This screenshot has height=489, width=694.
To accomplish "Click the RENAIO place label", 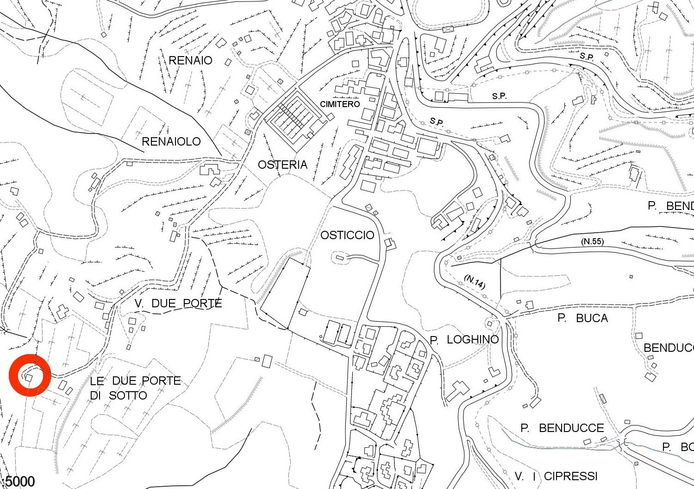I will pyautogui.click(x=190, y=60).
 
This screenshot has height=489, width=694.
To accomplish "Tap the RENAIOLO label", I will pyautogui.click(x=171, y=141).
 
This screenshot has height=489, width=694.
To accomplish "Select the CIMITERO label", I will pyautogui.click(x=340, y=104).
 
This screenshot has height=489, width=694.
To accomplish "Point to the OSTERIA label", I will pyautogui.click(x=282, y=165).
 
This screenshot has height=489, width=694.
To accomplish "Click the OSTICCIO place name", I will pyautogui.click(x=347, y=235).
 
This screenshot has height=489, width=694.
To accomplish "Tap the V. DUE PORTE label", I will pyautogui.click(x=178, y=304).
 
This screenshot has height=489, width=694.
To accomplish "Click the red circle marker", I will pyautogui.click(x=30, y=375).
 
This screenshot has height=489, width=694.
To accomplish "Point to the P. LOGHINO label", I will pyautogui.click(x=464, y=340).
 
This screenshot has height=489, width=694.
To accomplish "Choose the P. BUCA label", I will pyautogui.click(x=582, y=318).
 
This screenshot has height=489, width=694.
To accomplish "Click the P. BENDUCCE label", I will pyautogui.click(x=562, y=428).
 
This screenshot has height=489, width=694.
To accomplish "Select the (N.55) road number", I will pyautogui.click(x=592, y=241).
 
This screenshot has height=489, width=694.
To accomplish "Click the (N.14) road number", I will pyautogui.click(x=475, y=282).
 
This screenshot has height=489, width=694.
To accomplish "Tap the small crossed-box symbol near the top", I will pyautogui.click(x=447, y=30).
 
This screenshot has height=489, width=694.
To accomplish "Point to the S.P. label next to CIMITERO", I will pyautogui.click(x=437, y=122).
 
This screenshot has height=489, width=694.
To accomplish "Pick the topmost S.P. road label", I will pyautogui.click(x=587, y=57).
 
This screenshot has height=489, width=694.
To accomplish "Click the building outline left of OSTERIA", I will pyautogui.click(x=210, y=169).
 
